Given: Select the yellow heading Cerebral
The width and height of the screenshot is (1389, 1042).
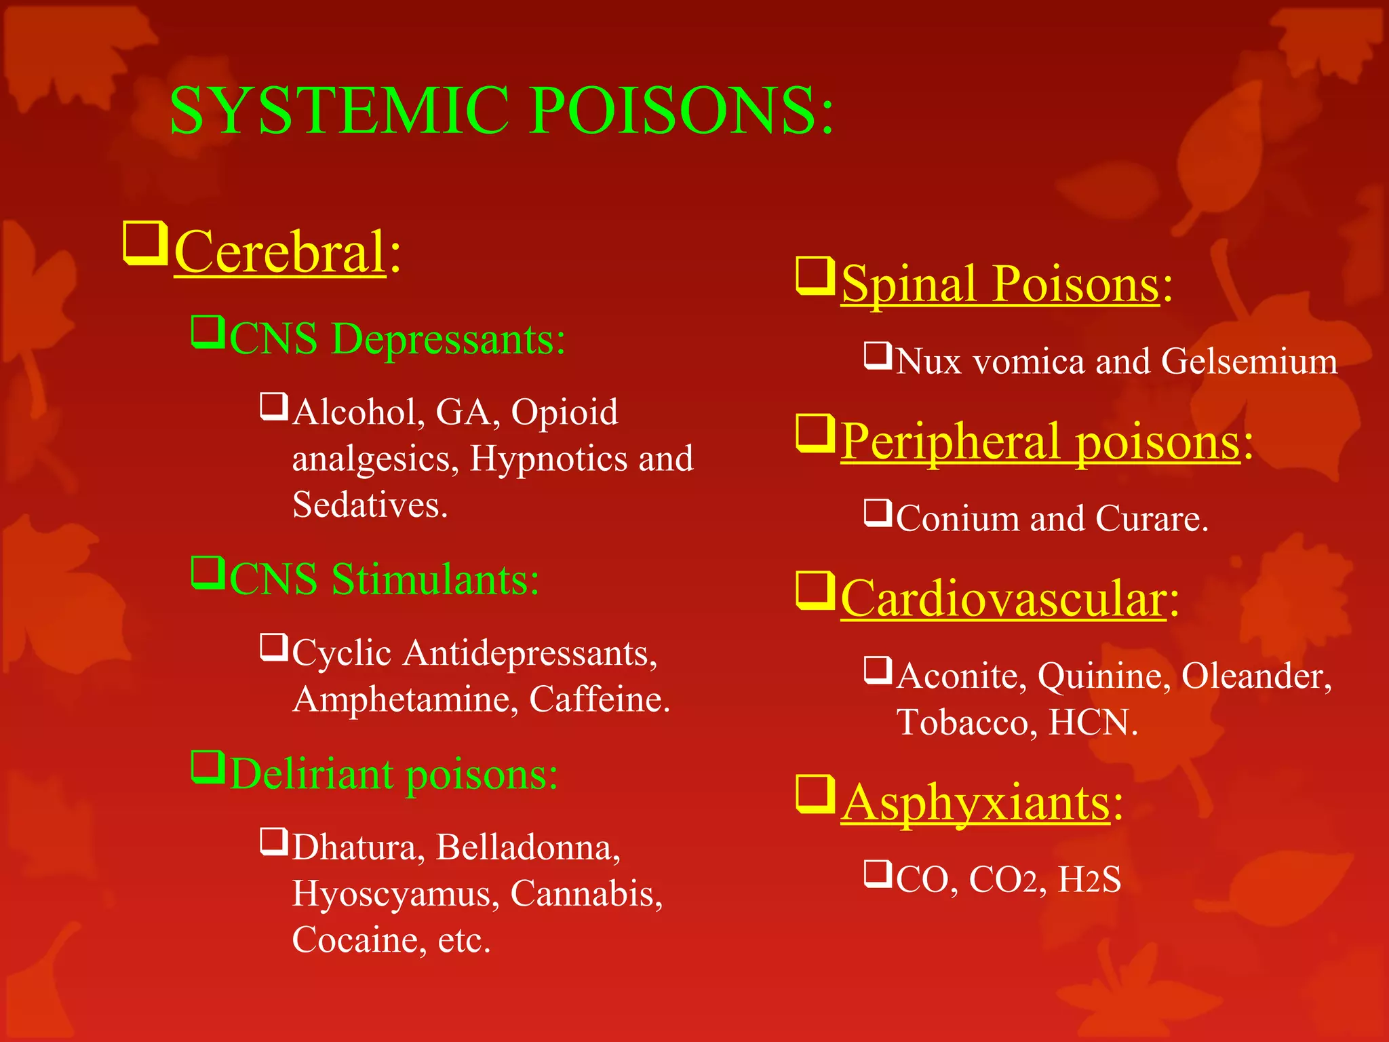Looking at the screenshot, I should click(280, 252).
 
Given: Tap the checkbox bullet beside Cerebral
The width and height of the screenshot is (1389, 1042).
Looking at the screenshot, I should click(144, 242).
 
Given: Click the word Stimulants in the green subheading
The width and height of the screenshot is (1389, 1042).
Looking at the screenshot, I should click(435, 579).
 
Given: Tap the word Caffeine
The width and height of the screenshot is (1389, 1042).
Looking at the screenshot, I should click(599, 699).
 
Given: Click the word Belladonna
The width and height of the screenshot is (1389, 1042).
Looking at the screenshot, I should click(527, 847).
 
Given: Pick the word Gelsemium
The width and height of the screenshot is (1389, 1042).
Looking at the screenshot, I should click(1249, 361).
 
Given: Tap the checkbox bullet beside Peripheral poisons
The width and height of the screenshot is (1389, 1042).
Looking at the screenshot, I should click(815, 433).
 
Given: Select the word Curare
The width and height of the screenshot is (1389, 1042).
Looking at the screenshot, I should click(1151, 519).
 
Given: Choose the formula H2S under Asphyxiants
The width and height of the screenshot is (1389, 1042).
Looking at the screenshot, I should click(1089, 880).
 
